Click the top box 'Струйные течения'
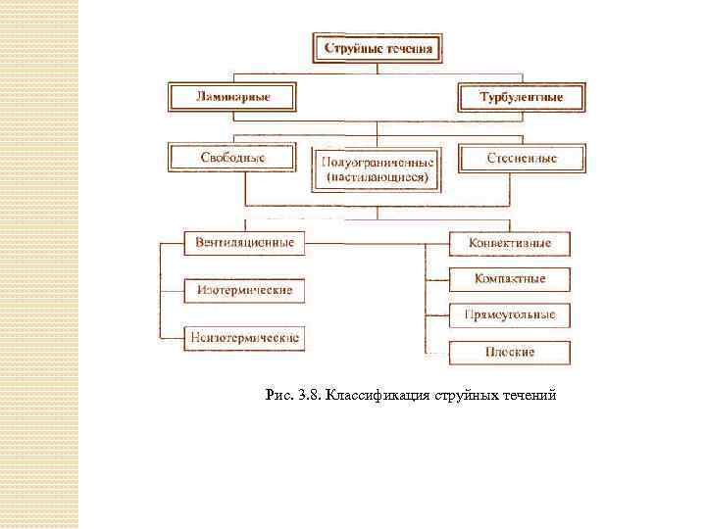pos(378,48)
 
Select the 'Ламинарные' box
pos(233,97)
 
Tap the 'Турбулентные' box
pos(521,98)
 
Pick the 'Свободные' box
pos(233,157)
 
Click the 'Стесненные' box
pos(521,158)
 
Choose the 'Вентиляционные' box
pos(245,242)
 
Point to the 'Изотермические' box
pos(245,291)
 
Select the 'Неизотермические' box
pos(245,338)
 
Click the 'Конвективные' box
pos(509,243)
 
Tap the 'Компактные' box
pos(509,279)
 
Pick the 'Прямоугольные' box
pos(509,315)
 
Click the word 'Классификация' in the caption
pos(383,395)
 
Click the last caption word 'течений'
pos(530,395)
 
